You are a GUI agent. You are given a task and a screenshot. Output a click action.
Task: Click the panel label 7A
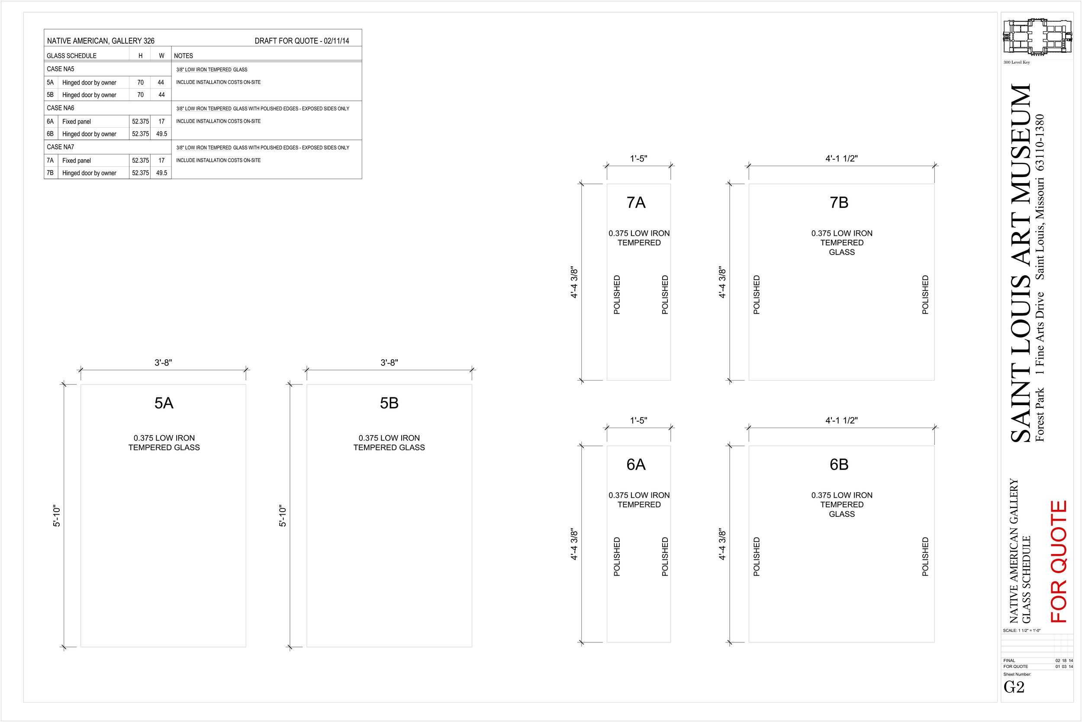pyautogui.click(x=636, y=203)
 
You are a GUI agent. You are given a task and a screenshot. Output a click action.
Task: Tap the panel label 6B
pyautogui.click(x=839, y=464)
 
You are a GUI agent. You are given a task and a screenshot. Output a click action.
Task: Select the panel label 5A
pyautogui.click(x=164, y=403)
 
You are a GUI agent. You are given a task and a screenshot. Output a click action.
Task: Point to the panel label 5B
pyautogui.click(x=389, y=403)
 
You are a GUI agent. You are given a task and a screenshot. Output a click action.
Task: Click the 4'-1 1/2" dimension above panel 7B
pyautogui.click(x=841, y=158)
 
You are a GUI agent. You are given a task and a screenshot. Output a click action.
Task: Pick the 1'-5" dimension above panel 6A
pyautogui.click(x=639, y=420)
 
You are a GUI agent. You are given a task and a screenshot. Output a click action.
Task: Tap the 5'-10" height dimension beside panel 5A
pyautogui.click(x=57, y=516)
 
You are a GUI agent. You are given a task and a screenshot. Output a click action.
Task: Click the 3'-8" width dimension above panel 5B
pyautogui.click(x=389, y=363)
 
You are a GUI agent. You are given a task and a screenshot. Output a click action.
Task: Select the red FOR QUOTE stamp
pyautogui.click(x=1059, y=561)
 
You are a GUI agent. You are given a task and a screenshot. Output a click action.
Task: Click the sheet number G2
pyautogui.click(x=1014, y=687)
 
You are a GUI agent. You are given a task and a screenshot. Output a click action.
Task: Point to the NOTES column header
pyautogui.click(x=183, y=56)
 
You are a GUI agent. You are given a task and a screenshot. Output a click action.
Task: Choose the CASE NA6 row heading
pyautogui.click(x=60, y=108)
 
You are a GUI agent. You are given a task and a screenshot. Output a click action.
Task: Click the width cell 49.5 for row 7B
pyautogui.click(x=161, y=173)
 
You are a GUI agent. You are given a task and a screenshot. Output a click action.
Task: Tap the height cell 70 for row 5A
pyautogui.click(x=140, y=82)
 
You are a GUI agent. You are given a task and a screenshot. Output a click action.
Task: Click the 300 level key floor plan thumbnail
pyautogui.click(x=1037, y=37)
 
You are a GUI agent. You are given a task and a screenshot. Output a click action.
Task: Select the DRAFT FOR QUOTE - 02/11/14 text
pyautogui.click(x=302, y=41)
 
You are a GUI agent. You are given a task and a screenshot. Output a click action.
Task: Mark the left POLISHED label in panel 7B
pyautogui.click(x=757, y=295)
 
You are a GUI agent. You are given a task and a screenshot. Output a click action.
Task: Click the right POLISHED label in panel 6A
pyautogui.click(x=665, y=557)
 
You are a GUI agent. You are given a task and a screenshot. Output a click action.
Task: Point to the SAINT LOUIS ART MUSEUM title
pyautogui.click(x=1020, y=263)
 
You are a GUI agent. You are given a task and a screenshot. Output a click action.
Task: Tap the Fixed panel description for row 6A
pyautogui.click(x=77, y=122)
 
